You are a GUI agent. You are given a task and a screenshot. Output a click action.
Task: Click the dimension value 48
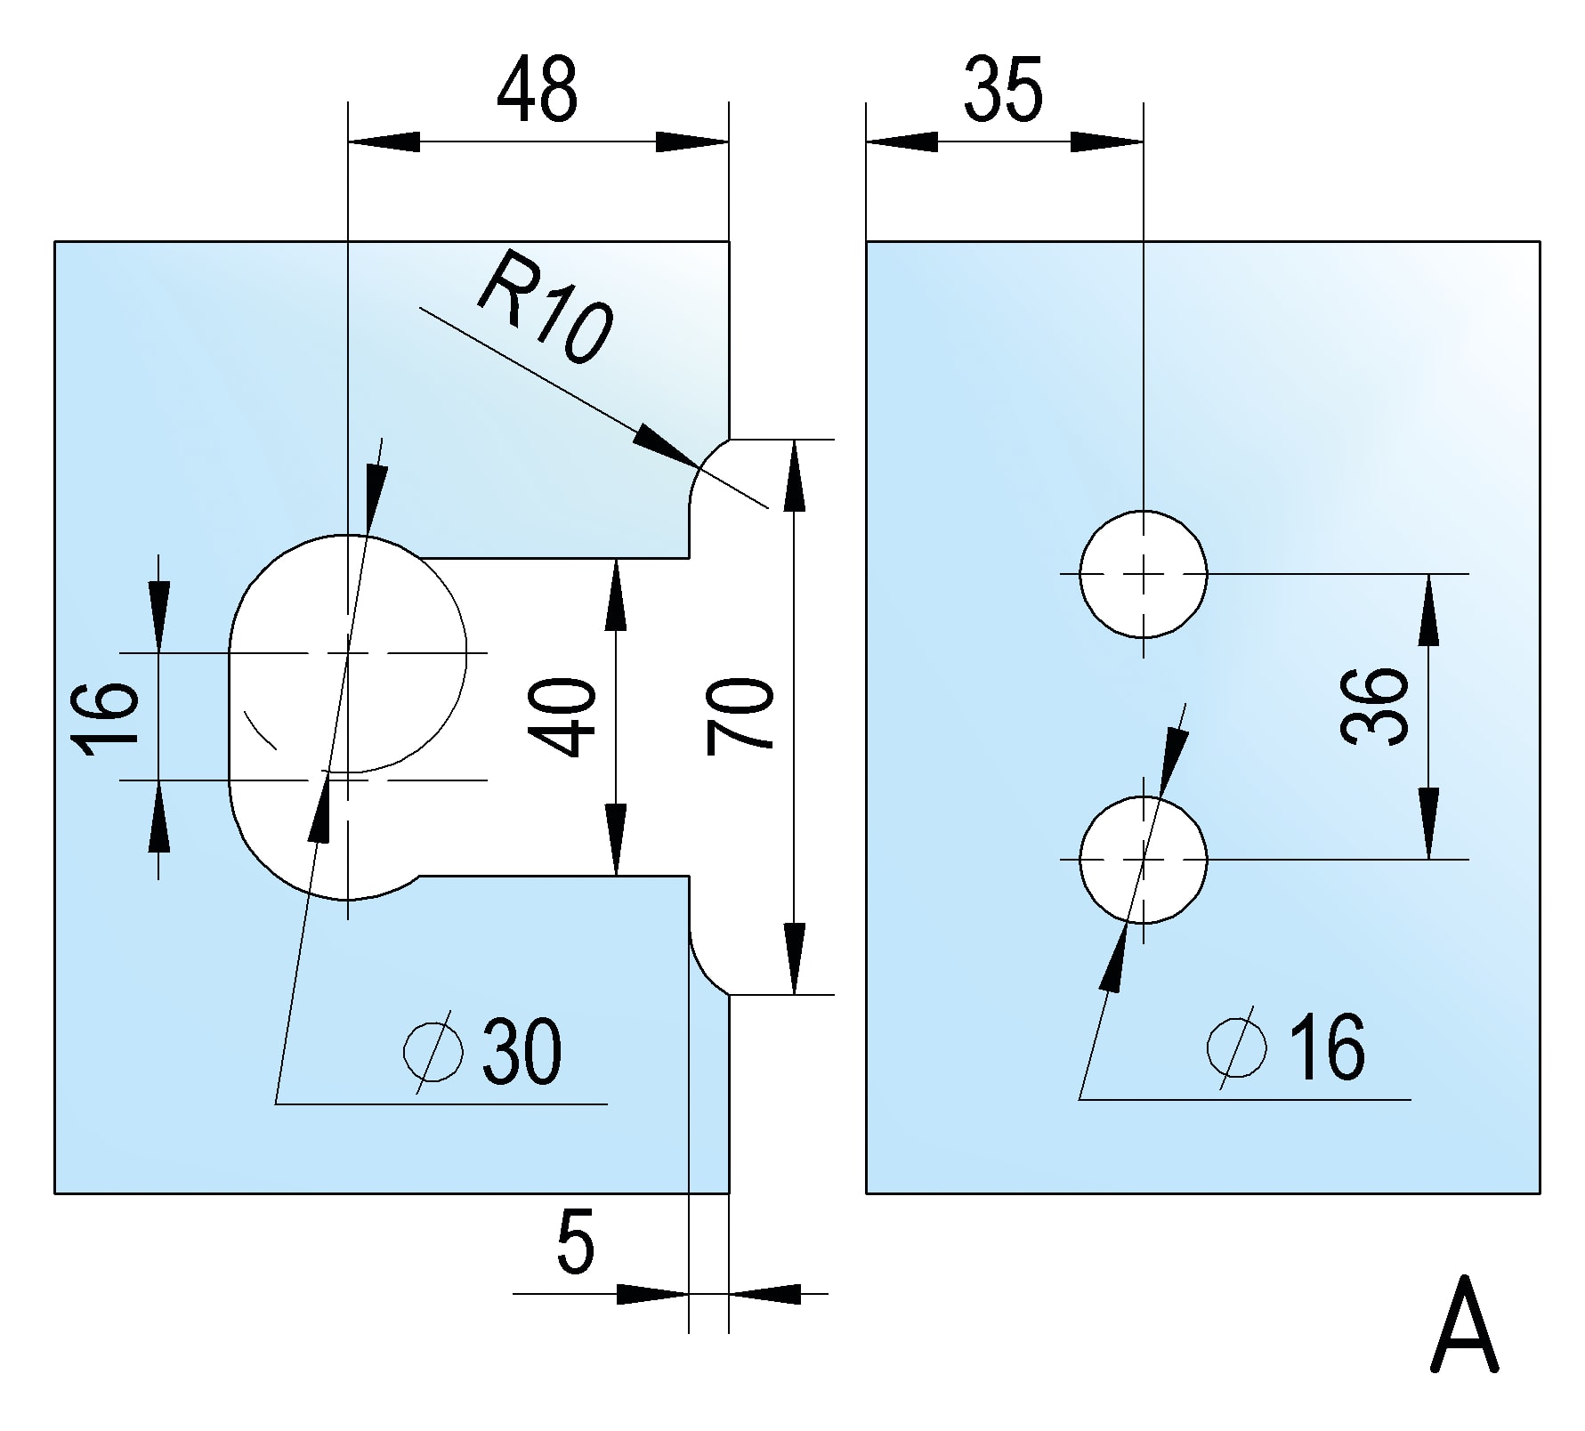537,90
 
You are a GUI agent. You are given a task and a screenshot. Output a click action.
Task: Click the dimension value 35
1003,90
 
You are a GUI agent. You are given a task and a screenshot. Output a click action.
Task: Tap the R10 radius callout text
545,307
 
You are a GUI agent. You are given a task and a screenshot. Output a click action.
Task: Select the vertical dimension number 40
562,716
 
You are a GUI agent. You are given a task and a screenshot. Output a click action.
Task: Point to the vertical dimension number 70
740,716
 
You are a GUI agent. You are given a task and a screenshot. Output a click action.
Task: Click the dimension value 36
1375,706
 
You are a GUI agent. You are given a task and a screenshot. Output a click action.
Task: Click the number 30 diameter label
522,1051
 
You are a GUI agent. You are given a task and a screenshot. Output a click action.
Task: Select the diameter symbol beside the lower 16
1237,1047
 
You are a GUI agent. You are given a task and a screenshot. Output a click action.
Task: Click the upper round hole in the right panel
1144,574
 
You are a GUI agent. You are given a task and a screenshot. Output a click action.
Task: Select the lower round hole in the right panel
1144,860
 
